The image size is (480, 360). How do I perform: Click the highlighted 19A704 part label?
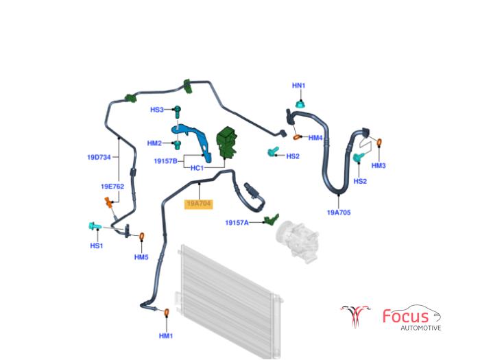coord(200,204)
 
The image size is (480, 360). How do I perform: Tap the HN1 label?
coord(298,86)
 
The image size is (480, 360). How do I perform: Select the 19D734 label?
coord(99,157)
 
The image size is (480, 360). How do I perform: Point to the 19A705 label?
coord(339,213)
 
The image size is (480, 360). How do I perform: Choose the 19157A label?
coord(237,223)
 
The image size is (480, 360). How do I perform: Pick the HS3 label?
coord(157,110)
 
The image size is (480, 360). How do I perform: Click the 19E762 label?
coord(112,186)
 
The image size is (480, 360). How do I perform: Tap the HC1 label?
coord(197,168)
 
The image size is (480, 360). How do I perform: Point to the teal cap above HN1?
coord(300,104)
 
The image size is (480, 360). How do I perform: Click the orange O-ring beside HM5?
coord(142,237)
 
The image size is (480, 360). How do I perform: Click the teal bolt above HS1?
coord(93,226)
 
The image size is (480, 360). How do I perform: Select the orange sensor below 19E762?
coord(108,202)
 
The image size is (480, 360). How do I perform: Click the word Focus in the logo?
coord(406,316)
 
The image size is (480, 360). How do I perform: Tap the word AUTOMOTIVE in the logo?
coord(420,328)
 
